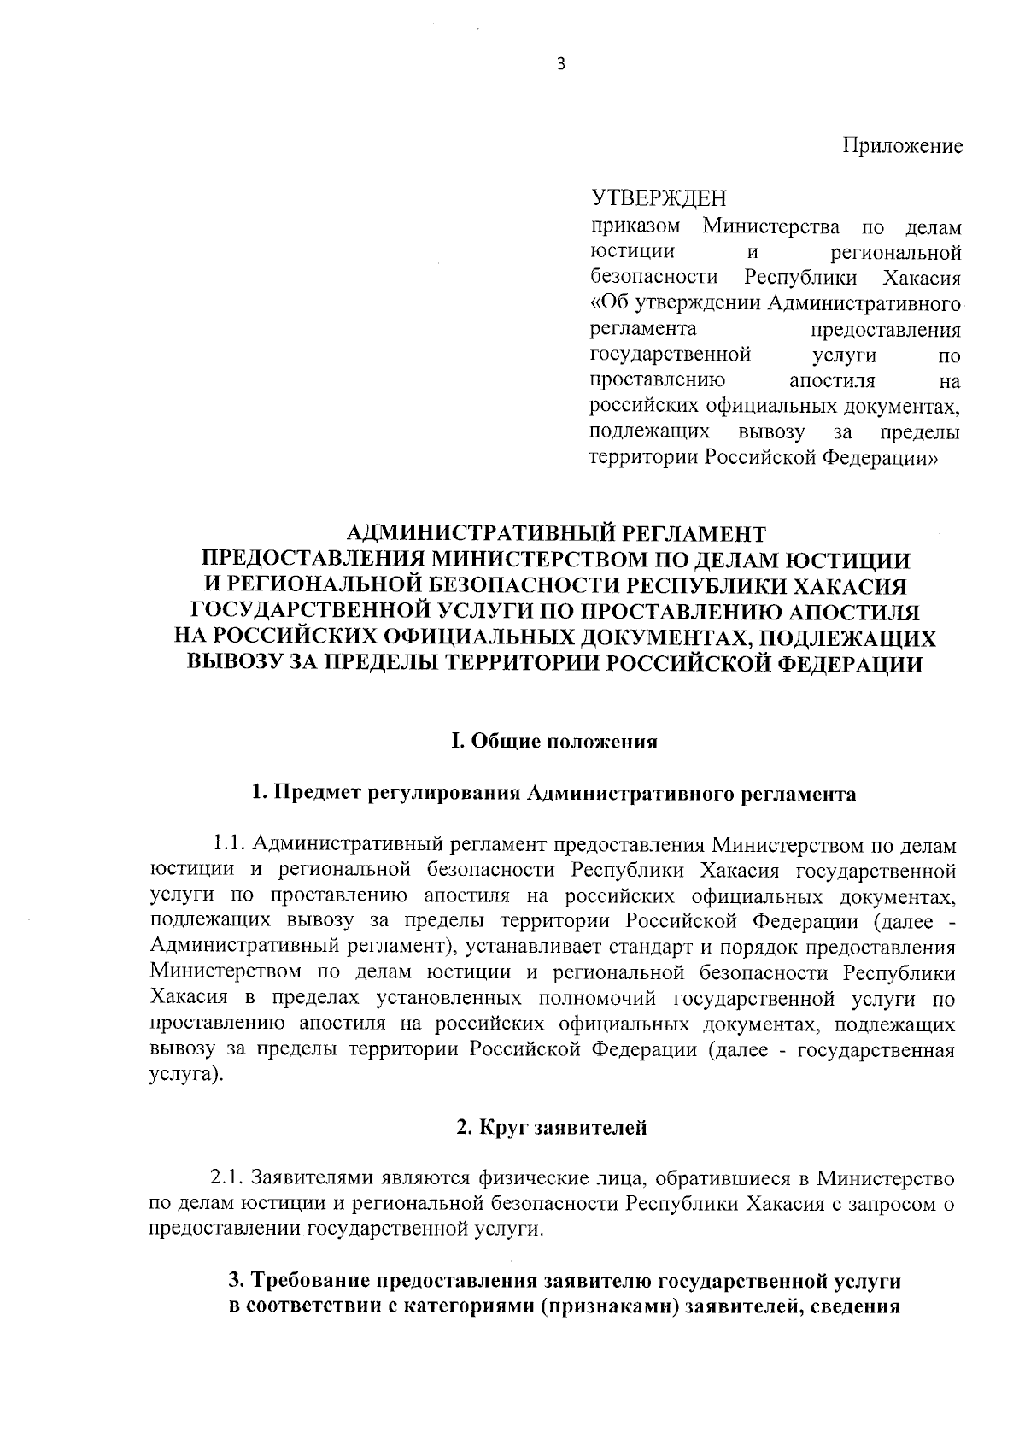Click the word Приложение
click(x=904, y=146)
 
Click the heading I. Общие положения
click(x=554, y=741)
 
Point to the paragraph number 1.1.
click(x=231, y=845)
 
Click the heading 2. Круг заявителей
click(x=551, y=1128)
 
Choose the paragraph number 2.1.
click(x=229, y=1179)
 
